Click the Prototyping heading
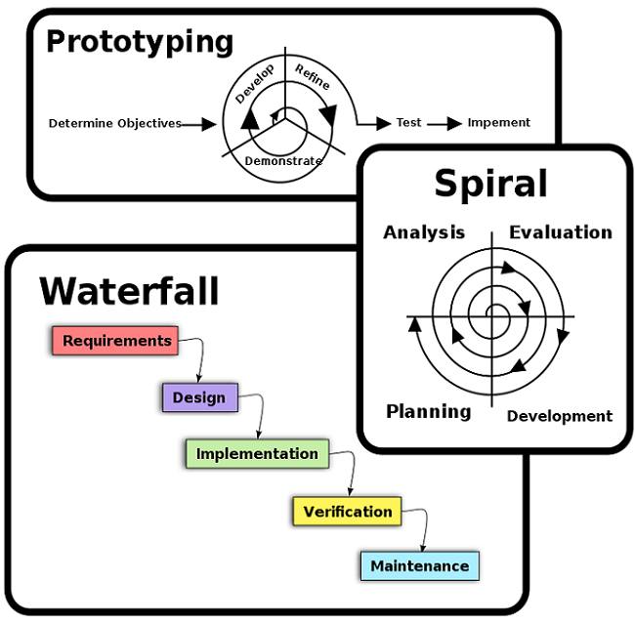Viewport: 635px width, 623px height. pos(140,42)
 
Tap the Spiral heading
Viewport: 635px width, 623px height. pos(490,184)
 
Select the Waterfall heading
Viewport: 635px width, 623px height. pos(129,291)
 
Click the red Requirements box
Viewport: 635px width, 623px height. pos(115,341)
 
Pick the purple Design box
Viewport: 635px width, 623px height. pos(199,397)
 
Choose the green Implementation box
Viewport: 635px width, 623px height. pos(256,454)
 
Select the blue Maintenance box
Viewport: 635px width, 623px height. pos(420,566)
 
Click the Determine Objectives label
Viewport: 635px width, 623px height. pos(115,123)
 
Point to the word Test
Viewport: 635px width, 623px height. pos(408,123)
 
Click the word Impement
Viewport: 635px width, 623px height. pos(498,123)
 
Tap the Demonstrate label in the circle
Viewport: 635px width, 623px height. pos(283,160)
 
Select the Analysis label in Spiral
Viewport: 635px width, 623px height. pos(424,232)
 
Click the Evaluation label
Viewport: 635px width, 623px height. pos(560,232)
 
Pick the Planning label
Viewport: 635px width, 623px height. pos(428,411)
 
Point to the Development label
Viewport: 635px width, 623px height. pos(559,416)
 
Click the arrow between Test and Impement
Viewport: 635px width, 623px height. pos(444,124)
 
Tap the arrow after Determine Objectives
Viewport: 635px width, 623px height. pos(200,124)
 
